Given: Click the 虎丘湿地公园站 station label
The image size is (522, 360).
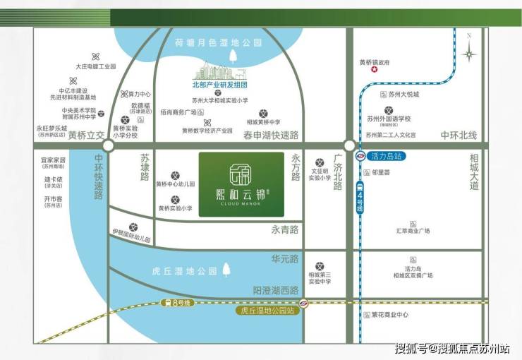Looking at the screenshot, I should pyautogui.click(x=267, y=309).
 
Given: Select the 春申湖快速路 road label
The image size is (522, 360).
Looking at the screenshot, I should pyautogui.click(x=271, y=134).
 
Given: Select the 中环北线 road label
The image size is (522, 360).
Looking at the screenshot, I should pyautogui.click(x=459, y=135).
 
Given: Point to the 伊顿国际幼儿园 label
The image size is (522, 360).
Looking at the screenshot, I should pyautogui.click(x=131, y=234).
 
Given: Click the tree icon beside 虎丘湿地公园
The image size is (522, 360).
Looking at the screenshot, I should pyautogui.click(x=226, y=270).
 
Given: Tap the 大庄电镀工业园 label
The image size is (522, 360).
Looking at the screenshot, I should pyautogui.click(x=95, y=66).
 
